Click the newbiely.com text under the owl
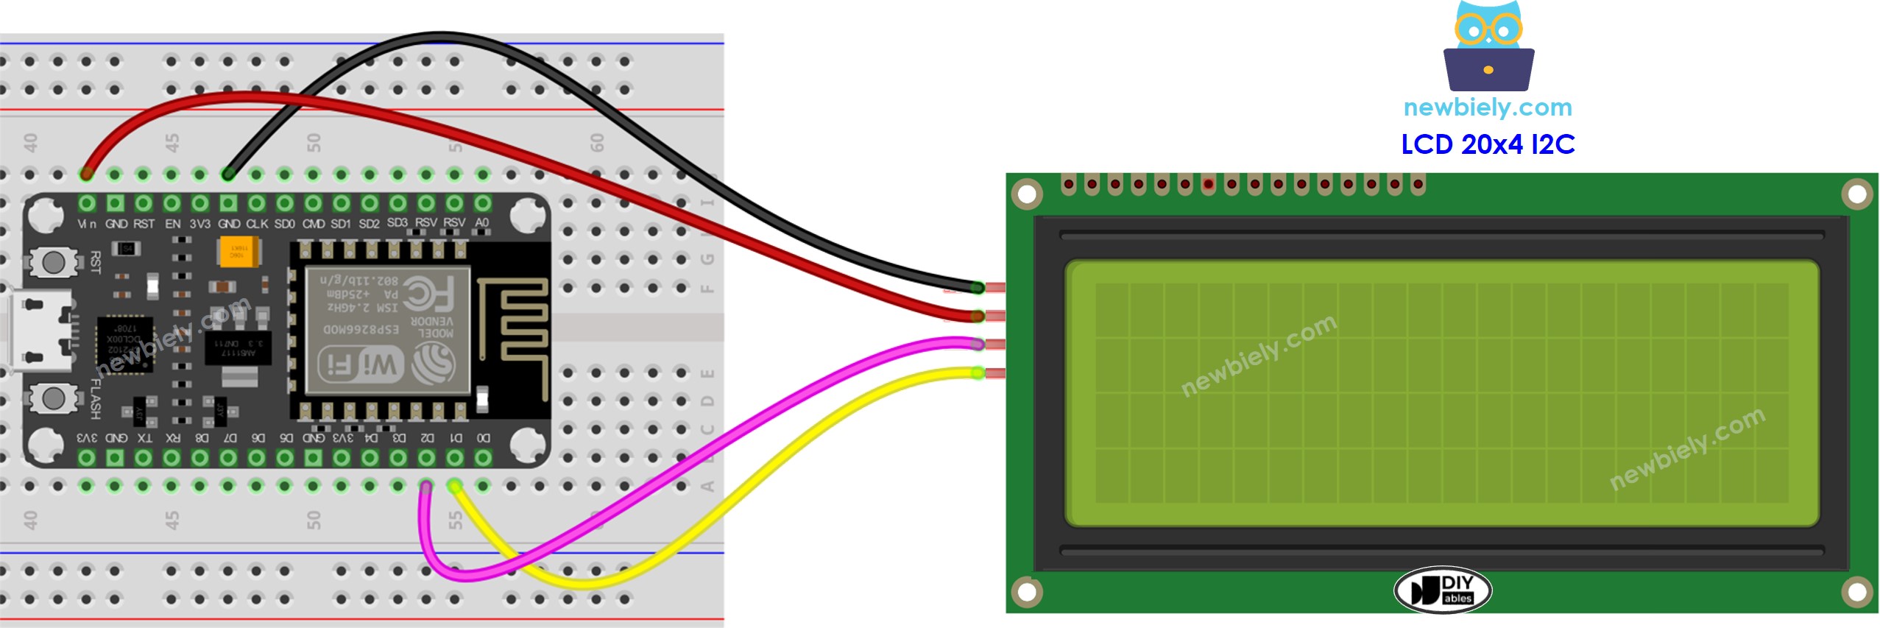(x=1487, y=107)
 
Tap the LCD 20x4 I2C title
(x=1487, y=144)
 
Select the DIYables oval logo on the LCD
(x=1442, y=590)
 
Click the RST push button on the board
(x=53, y=261)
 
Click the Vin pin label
(x=87, y=223)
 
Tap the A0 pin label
(x=481, y=222)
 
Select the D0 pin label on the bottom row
(x=483, y=438)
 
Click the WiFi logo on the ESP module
(x=361, y=364)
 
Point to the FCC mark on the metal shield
(x=429, y=294)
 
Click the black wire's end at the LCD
(x=977, y=287)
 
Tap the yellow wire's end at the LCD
(x=977, y=373)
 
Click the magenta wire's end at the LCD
(x=977, y=344)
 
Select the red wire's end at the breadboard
(x=87, y=174)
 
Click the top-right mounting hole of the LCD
(x=1856, y=194)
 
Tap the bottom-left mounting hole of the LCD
(x=1026, y=590)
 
